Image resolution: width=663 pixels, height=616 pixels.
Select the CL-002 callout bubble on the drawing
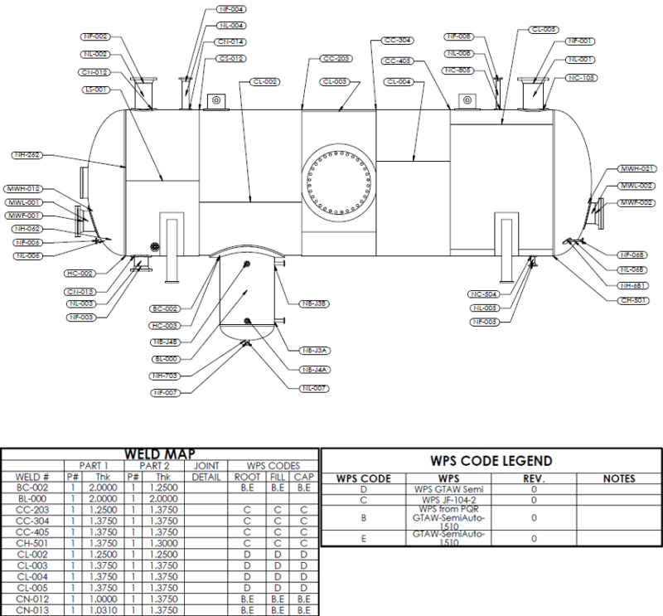264,82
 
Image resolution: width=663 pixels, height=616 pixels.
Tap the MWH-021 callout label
637,168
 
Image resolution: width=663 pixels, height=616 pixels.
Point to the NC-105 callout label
582,78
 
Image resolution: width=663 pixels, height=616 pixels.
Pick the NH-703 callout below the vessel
166,376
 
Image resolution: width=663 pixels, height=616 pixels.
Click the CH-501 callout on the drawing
633,300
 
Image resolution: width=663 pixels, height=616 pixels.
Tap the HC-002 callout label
80,272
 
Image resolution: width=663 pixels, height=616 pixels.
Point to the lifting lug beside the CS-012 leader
215,100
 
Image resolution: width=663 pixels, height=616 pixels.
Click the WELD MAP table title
159,454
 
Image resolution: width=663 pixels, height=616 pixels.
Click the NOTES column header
618,478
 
